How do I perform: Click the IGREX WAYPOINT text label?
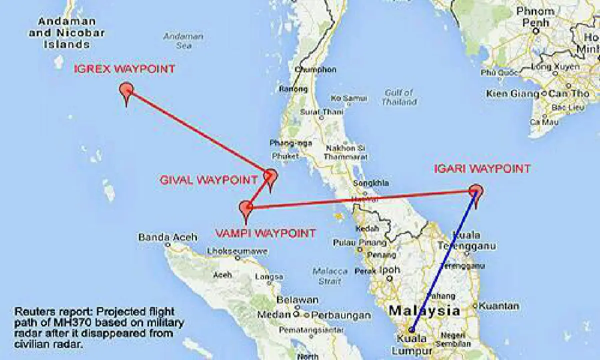124,69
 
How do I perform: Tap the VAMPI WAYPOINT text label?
265,233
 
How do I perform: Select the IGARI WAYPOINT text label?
481,169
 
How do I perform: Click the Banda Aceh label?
161,237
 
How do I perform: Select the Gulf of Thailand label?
399,97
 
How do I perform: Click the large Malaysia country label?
424,310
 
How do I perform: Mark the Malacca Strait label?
329,276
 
